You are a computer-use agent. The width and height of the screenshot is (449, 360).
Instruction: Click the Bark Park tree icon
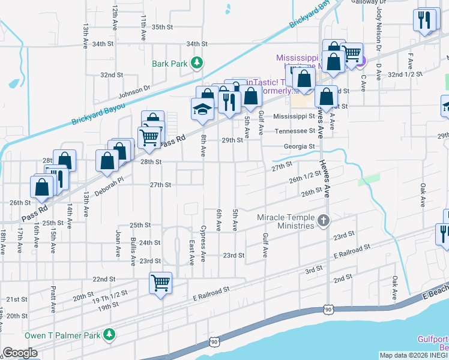196,62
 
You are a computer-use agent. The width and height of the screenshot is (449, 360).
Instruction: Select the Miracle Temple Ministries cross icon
324,220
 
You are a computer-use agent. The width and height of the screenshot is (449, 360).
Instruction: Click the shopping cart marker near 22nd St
161,283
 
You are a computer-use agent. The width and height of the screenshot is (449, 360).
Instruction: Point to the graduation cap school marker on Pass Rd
202,110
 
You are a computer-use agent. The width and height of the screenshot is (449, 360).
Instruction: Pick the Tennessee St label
295,131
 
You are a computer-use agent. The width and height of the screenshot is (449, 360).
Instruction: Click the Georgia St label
300,146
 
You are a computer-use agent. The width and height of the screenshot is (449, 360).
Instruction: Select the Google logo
20,353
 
